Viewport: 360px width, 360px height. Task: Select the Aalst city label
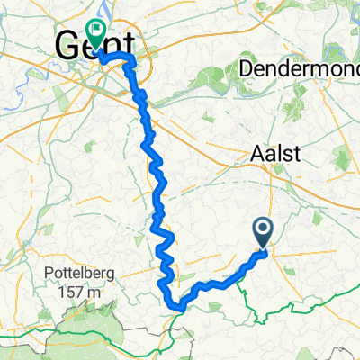274,155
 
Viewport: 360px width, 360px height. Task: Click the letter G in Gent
68,45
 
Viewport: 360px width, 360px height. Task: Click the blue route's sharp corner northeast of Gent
133,57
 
